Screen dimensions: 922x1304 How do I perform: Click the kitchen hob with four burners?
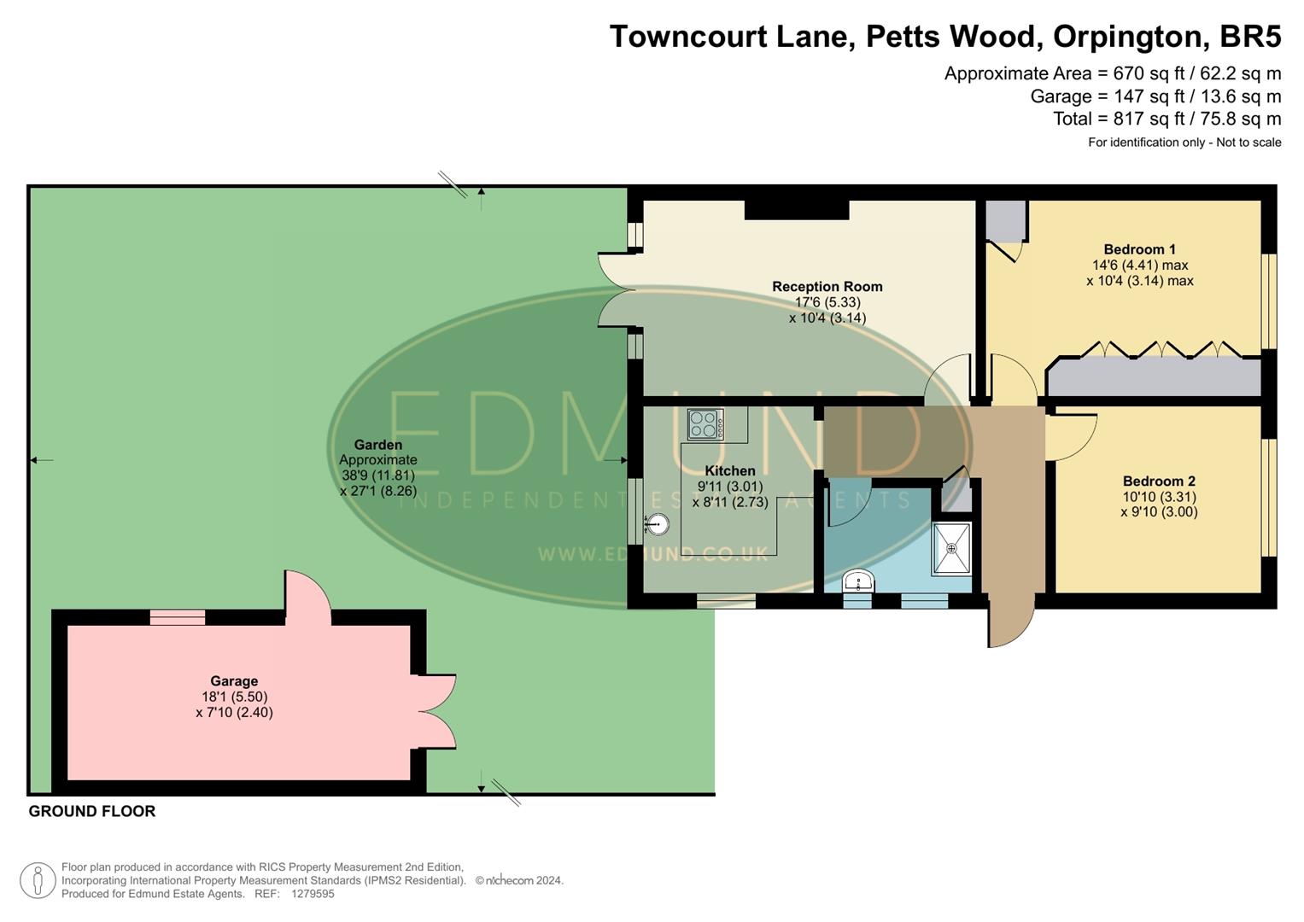click(705, 424)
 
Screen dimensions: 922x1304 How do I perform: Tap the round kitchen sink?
click(657, 524)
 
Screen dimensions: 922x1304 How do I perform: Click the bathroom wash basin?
click(857, 582)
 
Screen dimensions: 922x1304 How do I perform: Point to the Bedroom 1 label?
click(1139, 249)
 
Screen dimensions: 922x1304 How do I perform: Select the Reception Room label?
click(827, 287)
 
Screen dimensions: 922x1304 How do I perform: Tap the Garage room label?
click(234, 681)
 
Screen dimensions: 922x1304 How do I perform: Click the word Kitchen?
click(729, 471)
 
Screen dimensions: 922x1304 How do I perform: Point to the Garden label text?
click(377, 445)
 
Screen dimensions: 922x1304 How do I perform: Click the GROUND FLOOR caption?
click(92, 812)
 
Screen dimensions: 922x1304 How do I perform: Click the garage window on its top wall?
click(178, 617)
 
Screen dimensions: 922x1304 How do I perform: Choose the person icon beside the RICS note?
click(38, 880)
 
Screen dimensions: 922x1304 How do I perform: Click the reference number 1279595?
click(313, 894)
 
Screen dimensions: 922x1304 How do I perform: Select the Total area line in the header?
click(1167, 119)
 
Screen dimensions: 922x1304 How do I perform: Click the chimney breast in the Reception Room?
click(796, 210)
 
